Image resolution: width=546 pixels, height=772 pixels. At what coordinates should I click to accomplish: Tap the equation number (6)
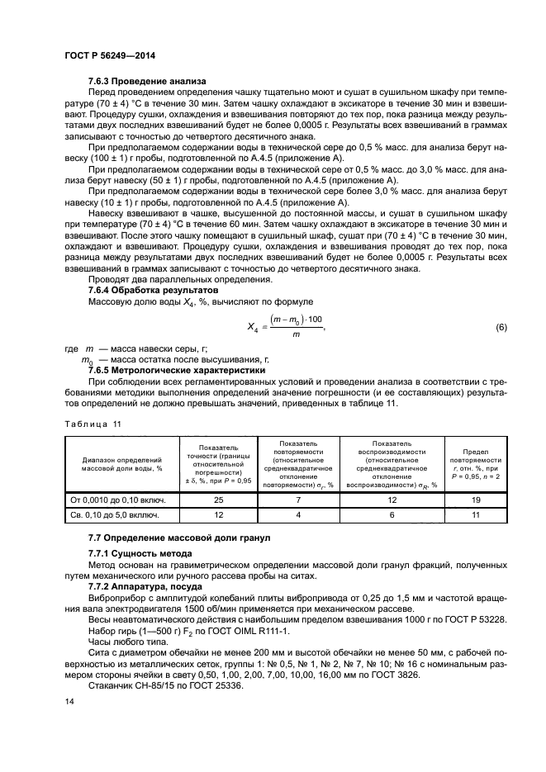point(500,328)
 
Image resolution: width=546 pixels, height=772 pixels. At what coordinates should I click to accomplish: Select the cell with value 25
point(217,500)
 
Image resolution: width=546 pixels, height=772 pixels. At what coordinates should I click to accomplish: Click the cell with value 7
point(298,500)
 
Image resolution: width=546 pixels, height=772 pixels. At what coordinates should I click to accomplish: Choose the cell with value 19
point(473,500)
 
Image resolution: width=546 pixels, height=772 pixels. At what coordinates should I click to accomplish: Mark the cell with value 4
point(298,515)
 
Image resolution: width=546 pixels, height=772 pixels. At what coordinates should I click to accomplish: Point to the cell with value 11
point(473,515)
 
